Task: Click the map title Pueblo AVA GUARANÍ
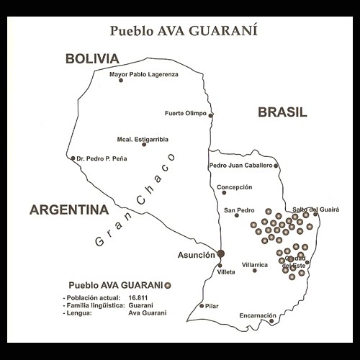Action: click(x=180, y=31)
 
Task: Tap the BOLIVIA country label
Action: click(x=91, y=58)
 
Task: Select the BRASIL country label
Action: click(x=282, y=112)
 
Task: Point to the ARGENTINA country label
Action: click(x=68, y=210)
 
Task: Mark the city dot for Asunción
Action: click(x=221, y=253)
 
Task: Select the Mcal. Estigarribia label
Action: click(x=143, y=136)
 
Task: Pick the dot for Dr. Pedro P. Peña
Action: click(x=73, y=158)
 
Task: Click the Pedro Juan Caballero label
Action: click(x=240, y=165)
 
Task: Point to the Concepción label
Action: click(x=233, y=186)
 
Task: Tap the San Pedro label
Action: click(x=240, y=210)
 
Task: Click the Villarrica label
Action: click(x=255, y=264)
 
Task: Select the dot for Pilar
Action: click(x=202, y=306)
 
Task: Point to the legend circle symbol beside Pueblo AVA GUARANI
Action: click(x=168, y=284)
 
